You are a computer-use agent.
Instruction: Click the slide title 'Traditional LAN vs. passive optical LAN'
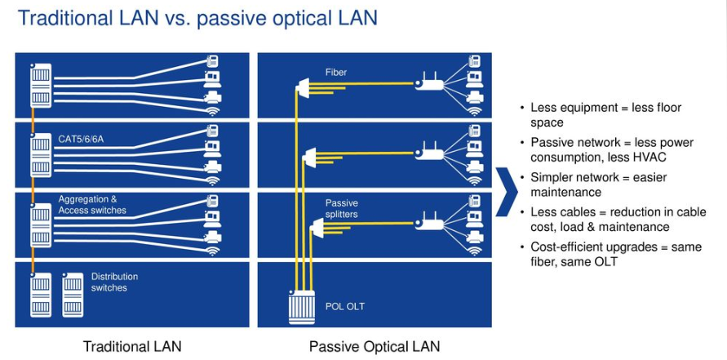(197, 17)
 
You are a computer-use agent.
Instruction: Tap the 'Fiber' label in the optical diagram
(335, 73)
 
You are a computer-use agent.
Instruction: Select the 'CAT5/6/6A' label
(81, 140)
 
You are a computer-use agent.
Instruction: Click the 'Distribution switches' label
(114, 282)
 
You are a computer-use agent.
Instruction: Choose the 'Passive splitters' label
(342, 208)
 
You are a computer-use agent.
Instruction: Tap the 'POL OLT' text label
(345, 306)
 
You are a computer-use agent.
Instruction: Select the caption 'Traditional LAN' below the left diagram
(131, 346)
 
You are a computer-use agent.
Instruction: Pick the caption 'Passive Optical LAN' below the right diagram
(375, 346)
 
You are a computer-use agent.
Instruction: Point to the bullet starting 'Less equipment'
(605, 114)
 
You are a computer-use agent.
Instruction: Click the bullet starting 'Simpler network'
(598, 184)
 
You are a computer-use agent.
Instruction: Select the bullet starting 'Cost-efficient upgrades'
(615, 254)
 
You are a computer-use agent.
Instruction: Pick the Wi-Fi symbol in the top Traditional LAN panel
(213, 111)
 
